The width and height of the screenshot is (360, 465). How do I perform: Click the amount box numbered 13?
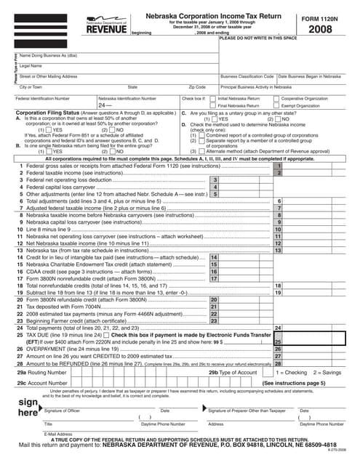point(278,230)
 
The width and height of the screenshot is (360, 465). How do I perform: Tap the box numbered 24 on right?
point(278,328)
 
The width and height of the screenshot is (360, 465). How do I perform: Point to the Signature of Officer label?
point(67,411)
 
